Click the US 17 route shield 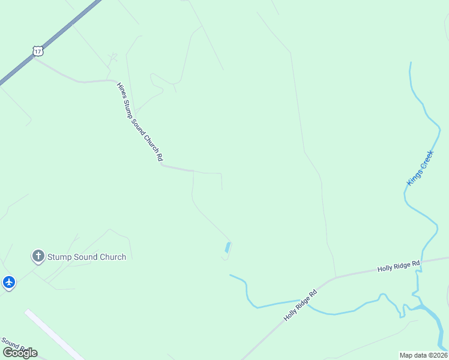38,51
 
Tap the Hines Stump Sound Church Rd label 140,121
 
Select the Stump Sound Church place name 87,257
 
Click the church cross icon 38,257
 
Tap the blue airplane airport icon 8,281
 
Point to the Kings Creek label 420,167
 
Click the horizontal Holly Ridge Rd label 399,266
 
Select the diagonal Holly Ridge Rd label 300,305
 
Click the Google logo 20,352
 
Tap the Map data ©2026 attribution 423,355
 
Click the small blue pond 228,247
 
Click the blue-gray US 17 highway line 66,29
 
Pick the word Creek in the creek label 426,159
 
